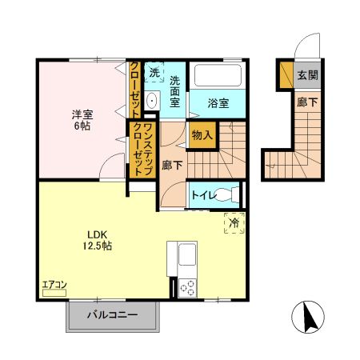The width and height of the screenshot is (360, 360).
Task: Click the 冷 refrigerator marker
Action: (234, 224)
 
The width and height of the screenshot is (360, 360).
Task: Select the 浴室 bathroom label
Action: (218, 103)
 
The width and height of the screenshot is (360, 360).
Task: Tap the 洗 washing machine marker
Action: (154, 72)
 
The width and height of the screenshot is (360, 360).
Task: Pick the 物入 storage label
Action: (202, 135)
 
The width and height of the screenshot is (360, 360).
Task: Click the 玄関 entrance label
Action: (308, 75)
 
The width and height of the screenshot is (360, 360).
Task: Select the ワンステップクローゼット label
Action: (143, 149)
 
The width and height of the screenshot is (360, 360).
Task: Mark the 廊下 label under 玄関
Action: (308, 102)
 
